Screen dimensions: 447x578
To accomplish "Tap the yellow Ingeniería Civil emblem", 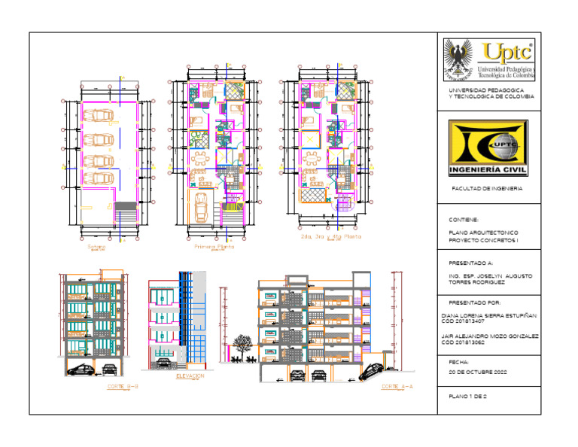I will pos(488,148).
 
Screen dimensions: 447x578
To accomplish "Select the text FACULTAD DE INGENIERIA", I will pos(486,189).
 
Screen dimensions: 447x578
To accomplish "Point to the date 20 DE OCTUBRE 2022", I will pos(478,372).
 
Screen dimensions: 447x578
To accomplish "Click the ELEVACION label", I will pos(190,375).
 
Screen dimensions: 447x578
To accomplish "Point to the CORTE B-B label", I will pos(123,387).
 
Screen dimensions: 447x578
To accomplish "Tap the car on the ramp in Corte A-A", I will pos(373,370).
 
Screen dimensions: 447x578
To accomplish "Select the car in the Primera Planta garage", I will pos(202,208).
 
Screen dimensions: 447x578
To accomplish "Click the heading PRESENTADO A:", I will pos(470,264).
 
